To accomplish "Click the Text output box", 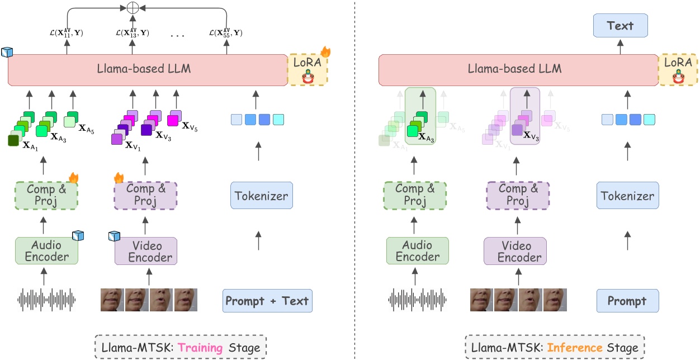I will coord(620,26).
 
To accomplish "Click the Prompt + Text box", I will coord(267,301).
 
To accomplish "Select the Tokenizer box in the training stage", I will coord(261,196).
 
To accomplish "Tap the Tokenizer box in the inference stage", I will coord(627,196).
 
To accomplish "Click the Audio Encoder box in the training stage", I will coord(46,251).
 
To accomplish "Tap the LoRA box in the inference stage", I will coord(678,69).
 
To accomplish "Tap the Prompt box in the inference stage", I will coord(627,301).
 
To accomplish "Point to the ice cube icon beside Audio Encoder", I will coord(77,236).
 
